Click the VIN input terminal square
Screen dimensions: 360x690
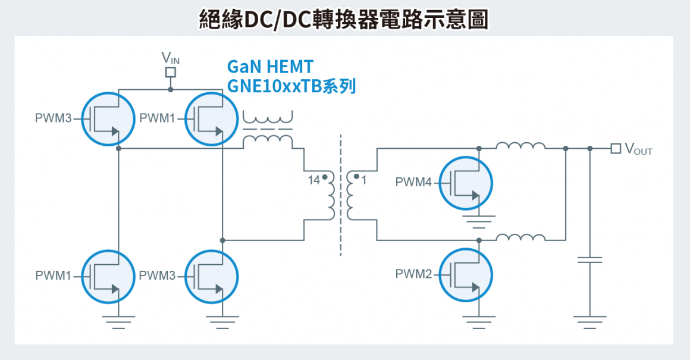171,73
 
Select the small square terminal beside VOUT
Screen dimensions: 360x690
616,148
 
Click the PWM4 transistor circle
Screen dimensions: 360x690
467,183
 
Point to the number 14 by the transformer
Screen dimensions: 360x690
314,180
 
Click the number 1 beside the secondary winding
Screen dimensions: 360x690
363,180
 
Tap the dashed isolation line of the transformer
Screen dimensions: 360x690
341,196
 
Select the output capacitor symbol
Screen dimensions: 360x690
589,259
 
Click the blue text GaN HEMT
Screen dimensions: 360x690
270,66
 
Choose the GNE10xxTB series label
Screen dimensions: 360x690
291,86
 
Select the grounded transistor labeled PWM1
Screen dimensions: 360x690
107,276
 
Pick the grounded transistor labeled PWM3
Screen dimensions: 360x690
211,276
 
